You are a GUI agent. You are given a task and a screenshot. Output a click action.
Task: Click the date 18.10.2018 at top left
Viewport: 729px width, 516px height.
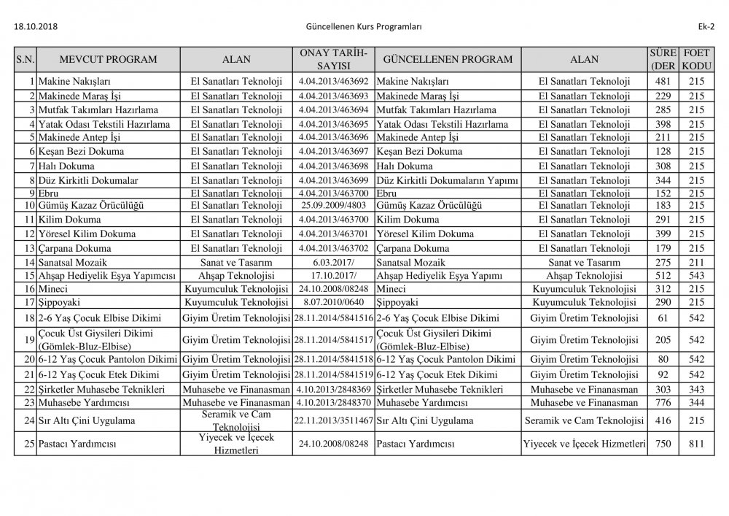tap(36, 27)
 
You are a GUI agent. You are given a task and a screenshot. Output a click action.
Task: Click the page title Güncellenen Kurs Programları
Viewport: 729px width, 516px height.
tap(365, 27)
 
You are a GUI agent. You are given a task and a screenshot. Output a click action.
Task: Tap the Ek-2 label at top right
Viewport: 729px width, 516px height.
tap(705, 27)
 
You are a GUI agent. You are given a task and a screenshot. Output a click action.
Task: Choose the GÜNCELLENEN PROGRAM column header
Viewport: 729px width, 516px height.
tap(448, 60)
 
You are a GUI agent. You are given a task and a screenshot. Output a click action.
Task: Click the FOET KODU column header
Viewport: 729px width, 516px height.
tap(696, 60)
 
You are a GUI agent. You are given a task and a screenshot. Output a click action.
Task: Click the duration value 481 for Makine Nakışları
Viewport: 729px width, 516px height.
tap(663, 81)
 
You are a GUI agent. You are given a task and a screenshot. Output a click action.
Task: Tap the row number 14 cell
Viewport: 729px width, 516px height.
tap(26, 262)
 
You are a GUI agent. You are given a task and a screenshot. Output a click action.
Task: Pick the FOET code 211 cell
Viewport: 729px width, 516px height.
tap(696, 262)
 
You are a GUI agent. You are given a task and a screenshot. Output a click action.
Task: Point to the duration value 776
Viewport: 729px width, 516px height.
tap(663, 402)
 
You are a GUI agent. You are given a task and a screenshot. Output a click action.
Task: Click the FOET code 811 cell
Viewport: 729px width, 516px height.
tap(696, 444)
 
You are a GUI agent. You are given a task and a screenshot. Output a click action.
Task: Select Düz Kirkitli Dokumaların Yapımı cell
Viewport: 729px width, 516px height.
tap(448, 180)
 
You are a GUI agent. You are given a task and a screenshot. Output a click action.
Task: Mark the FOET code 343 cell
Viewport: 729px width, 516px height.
tap(696, 389)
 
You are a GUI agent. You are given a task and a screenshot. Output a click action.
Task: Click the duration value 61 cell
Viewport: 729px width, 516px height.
tap(663, 318)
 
